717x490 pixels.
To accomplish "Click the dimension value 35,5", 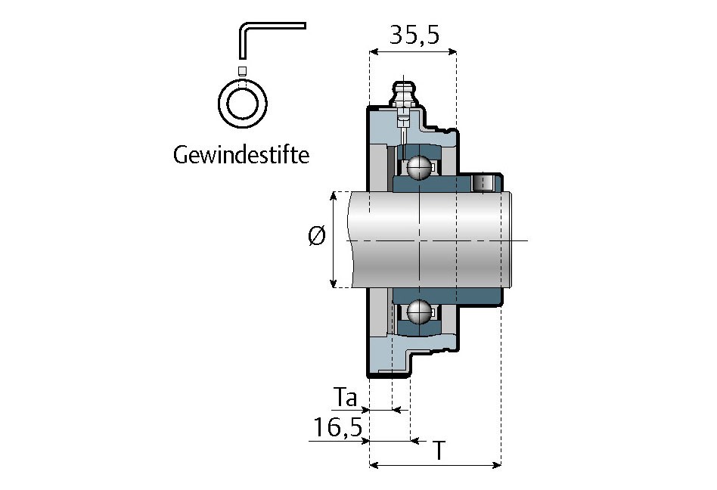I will [413, 35].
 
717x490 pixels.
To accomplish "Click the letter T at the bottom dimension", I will [438, 451].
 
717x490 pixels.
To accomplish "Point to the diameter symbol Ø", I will [317, 237].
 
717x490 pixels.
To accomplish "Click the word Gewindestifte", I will [241, 156].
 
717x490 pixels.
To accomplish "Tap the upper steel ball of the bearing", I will [418, 167].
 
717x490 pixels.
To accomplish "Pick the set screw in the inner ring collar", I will [482, 182].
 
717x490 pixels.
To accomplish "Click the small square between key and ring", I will [242, 71].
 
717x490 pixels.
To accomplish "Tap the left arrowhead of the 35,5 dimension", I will [373, 51].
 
